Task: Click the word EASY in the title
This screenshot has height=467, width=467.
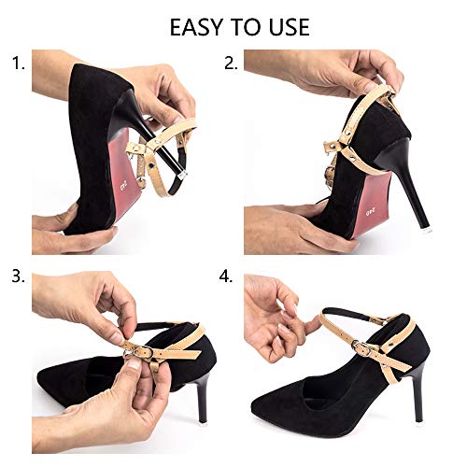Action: (199, 26)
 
